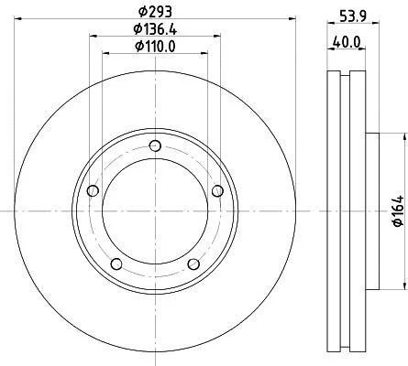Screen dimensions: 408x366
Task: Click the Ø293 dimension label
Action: point(155,12)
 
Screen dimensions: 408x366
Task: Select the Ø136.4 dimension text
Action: point(155,29)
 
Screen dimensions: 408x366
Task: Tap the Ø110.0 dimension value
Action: point(155,47)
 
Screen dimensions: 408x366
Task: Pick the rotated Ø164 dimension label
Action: point(398,211)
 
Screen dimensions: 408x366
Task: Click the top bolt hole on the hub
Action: point(156,145)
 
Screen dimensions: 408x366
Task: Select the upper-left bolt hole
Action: point(93,191)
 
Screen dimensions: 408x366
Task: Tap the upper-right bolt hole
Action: point(217,191)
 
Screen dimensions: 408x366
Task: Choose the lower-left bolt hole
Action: point(116,264)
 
